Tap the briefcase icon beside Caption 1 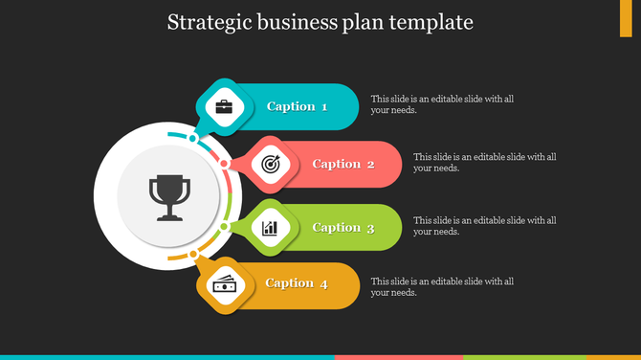pyautogui.click(x=224, y=106)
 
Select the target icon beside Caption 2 pyautogui.click(x=270, y=164)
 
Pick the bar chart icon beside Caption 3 pyautogui.click(x=270, y=228)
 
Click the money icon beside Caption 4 pyautogui.click(x=224, y=283)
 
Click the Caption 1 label pyautogui.click(x=297, y=106)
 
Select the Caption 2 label pyautogui.click(x=343, y=164)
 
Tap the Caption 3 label pyautogui.click(x=343, y=228)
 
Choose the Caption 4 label pyautogui.click(x=297, y=283)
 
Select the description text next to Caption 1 pyautogui.click(x=443, y=104)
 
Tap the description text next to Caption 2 pyautogui.click(x=485, y=163)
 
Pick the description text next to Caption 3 pyautogui.click(x=485, y=226)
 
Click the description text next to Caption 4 pyautogui.click(x=443, y=286)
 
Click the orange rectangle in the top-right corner pyautogui.click(x=632, y=19)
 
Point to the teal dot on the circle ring pyautogui.click(x=193, y=139)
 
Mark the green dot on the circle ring pyautogui.click(x=224, y=227)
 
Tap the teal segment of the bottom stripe pyautogui.click(x=167, y=357)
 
